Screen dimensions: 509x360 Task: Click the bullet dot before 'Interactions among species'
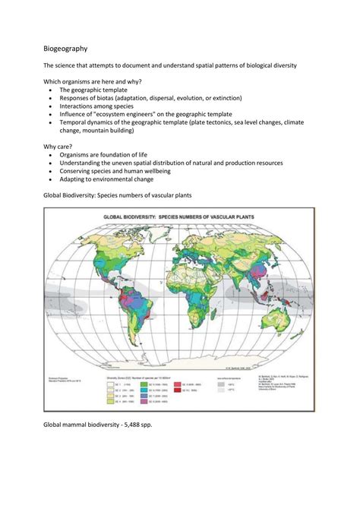coord(50,106)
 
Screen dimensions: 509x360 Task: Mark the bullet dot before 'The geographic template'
coord(50,90)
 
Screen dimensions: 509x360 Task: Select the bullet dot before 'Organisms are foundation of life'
coord(50,154)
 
